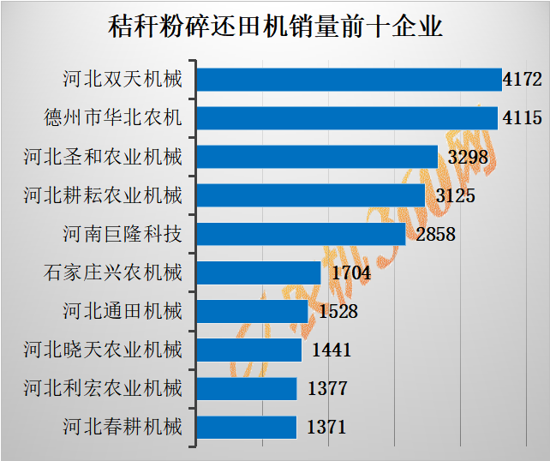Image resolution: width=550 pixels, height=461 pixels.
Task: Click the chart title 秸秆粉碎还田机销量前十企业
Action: pyautogui.click(x=275, y=26)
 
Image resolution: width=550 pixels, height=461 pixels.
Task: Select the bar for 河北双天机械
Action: pyautogui.click(x=350, y=80)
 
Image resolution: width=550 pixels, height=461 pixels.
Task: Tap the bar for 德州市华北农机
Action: pyautogui.click(x=348, y=118)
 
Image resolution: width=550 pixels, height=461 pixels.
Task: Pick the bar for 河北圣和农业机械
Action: pyautogui.click(x=318, y=157)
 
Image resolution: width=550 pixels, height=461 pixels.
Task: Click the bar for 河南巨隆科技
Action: pyautogui.click(x=302, y=234)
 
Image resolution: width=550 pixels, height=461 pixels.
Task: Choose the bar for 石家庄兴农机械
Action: pyautogui.click(x=260, y=272)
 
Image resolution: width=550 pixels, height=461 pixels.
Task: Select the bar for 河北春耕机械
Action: pyautogui.click(x=248, y=427)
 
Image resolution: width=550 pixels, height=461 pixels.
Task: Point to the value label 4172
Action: pyautogui.click(x=523, y=81)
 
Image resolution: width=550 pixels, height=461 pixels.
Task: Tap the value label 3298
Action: pyautogui.click(x=468, y=158)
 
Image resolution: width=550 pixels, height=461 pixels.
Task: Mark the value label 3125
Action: pyautogui.click(x=455, y=196)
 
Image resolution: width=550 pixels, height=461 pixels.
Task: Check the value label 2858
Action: pyautogui.click(x=435, y=235)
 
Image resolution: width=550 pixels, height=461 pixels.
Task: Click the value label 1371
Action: pyautogui.click(x=326, y=428)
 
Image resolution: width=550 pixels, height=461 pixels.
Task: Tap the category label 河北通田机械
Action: pyautogui.click(x=123, y=311)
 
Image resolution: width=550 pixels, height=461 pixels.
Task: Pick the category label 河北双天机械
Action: pyautogui.click(x=123, y=80)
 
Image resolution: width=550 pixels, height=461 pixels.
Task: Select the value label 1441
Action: pyautogui.click(x=331, y=350)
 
